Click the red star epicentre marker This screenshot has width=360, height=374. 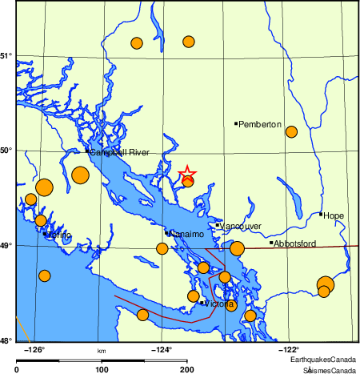click(x=186, y=174)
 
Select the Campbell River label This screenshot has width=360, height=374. click(x=120, y=152)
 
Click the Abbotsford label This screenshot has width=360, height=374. click(x=296, y=243)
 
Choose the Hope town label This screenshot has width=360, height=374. click(x=334, y=215)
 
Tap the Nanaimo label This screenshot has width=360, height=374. click(x=186, y=234)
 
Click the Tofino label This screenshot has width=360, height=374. click(x=60, y=235)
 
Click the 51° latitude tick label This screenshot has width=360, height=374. click(x=6, y=55)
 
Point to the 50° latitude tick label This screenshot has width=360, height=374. click(x=6, y=150)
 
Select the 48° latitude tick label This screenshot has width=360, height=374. click(x=6, y=340)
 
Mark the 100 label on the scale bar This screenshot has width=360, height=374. click(x=102, y=369)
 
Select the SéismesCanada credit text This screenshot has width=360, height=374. click(x=330, y=370)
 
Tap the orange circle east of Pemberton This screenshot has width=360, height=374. click(x=292, y=131)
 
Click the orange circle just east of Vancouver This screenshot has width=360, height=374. click(x=237, y=248)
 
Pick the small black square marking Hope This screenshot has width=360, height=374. click(x=321, y=214)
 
